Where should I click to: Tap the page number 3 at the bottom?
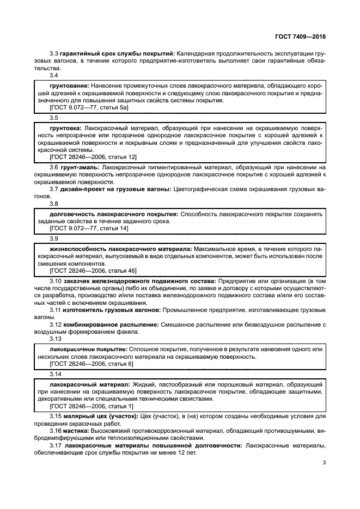point(324,463)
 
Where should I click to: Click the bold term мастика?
point(72,431)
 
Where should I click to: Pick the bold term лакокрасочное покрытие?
point(89,348)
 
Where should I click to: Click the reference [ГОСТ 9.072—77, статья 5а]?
point(88,108)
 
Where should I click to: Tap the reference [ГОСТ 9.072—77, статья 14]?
point(88,229)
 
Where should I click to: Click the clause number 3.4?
point(54,76)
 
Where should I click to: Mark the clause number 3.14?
point(56,374)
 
